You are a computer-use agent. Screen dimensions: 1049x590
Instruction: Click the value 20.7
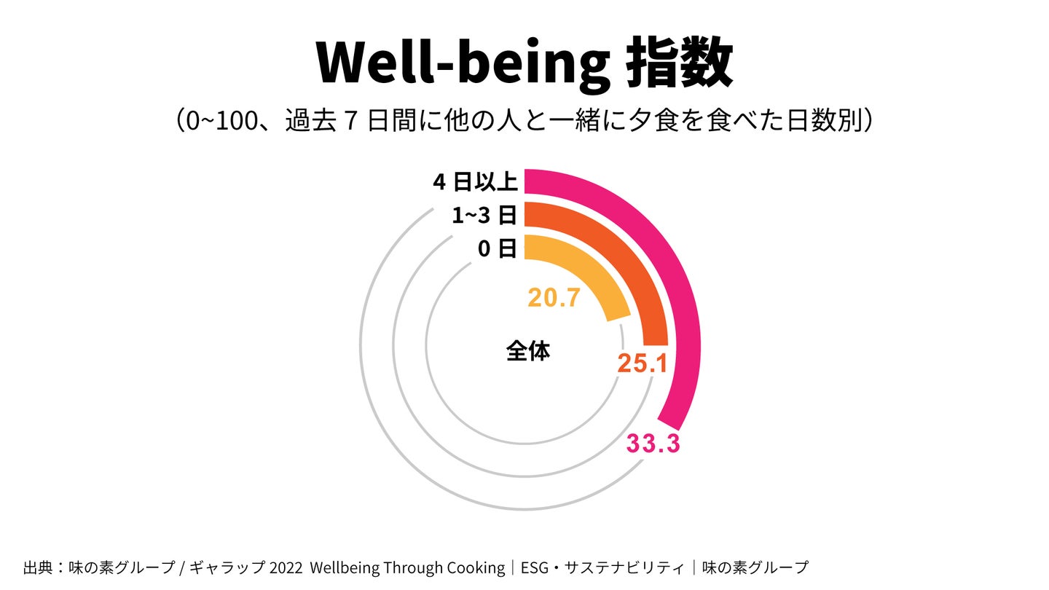click(x=554, y=298)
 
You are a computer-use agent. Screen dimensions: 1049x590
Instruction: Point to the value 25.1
click(x=643, y=363)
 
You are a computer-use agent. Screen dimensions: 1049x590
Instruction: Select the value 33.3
click(x=653, y=444)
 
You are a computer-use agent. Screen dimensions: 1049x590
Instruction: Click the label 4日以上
click(x=475, y=181)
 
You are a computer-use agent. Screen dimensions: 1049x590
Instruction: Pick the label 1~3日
click(x=484, y=215)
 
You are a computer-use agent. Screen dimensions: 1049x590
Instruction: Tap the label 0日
click(x=498, y=248)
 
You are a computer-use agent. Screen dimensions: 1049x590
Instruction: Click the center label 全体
click(x=527, y=351)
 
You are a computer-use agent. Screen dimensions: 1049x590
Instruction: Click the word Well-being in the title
click(x=463, y=63)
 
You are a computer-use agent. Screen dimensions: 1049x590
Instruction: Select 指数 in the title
click(x=680, y=63)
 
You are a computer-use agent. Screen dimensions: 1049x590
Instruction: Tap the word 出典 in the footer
click(x=37, y=567)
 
